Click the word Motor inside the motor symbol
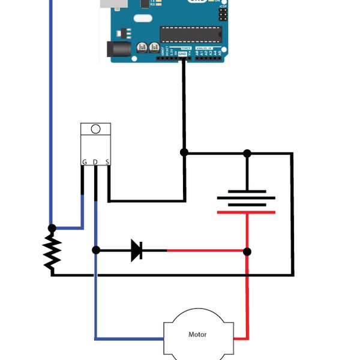click(197, 334)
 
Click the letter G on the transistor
click(84, 162)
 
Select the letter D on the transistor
click(95, 162)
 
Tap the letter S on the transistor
click(107, 162)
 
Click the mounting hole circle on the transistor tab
click(95, 129)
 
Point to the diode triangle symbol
click(137, 250)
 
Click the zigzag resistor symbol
click(52, 252)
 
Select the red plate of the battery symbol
click(246, 212)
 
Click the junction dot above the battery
click(247, 153)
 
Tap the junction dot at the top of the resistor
click(52, 228)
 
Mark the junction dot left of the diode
click(96, 250)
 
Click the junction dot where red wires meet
click(247, 251)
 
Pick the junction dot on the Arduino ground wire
click(184, 152)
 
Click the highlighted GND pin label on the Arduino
click(182, 53)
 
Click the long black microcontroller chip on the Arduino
click(191, 34)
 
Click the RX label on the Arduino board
click(152, 4)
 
